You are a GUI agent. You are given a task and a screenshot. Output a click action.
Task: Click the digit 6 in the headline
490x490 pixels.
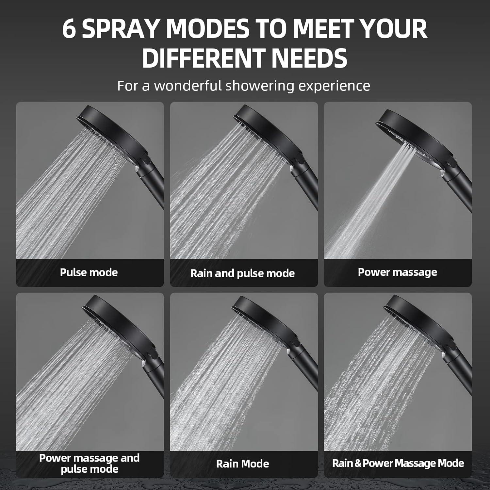pyautogui.click(x=69, y=28)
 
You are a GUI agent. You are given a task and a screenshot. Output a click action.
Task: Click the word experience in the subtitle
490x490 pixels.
pyautogui.click(x=334, y=86)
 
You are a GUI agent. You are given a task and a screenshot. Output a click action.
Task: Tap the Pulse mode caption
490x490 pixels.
pyautogui.click(x=89, y=272)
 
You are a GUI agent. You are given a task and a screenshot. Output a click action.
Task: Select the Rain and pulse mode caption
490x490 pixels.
pyautogui.click(x=242, y=273)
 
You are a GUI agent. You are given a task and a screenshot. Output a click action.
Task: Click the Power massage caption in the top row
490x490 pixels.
pyautogui.click(x=398, y=272)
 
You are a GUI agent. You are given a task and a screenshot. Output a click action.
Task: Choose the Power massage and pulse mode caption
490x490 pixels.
pyautogui.click(x=89, y=464)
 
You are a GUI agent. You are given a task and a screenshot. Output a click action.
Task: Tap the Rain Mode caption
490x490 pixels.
pyautogui.click(x=242, y=464)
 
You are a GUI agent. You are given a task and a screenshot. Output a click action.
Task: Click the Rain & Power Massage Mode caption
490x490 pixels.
pyautogui.click(x=398, y=463)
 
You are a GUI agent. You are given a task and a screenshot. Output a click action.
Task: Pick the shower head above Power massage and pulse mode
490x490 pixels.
pyautogui.click(x=121, y=327)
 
